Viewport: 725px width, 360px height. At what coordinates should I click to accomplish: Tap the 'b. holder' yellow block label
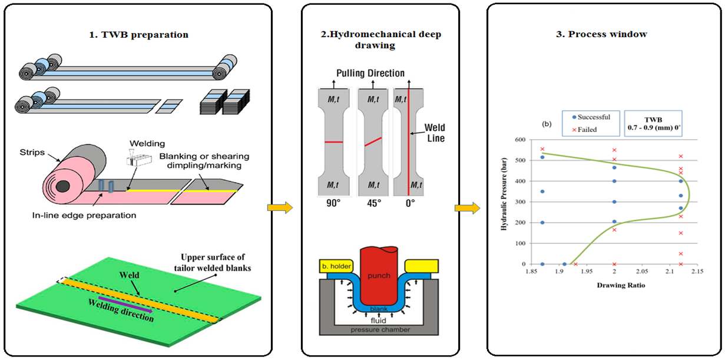click(336, 266)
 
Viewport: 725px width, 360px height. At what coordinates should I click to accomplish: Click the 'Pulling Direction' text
click(370, 73)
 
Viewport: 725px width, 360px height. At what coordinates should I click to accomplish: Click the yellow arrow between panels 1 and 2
click(280, 207)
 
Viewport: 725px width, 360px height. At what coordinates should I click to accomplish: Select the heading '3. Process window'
click(602, 34)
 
